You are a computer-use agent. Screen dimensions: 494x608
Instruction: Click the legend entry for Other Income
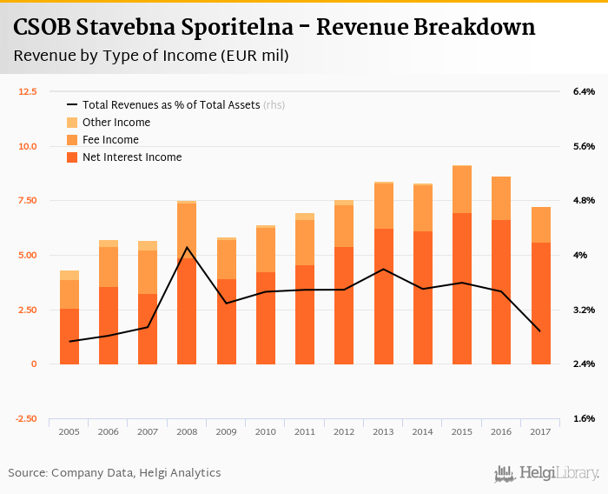pyautogui.click(x=116, y=123)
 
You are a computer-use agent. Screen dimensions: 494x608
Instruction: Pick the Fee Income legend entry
pyautogui.click(x=109, y=140)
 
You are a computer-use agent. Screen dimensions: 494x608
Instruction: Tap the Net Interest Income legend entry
pyautogui.click(x=131, y=157)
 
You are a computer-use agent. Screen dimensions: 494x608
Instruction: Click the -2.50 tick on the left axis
pyautogui.click(x=26, y=418)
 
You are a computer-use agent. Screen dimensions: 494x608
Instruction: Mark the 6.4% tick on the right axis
pyautogui.click(x=584, y=91)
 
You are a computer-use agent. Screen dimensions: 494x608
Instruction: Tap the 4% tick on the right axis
pyautogui.click(x=578, y=255)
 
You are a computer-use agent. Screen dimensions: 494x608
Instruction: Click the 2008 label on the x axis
pyautogui.click(x=187, y=431)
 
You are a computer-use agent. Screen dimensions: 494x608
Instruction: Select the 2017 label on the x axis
pyautogui.click(x=540, y=431)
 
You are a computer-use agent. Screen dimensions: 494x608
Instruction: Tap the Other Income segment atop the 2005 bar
pyautogui.click(x=69, y=275)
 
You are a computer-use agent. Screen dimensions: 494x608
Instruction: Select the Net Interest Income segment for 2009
pyautogui.click(x=227, y=322)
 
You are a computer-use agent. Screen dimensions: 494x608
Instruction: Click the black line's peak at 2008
pyautogui.click(x=187, y=247)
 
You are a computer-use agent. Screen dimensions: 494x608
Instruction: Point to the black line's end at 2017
pyautogui.click(x=540, y=331)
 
